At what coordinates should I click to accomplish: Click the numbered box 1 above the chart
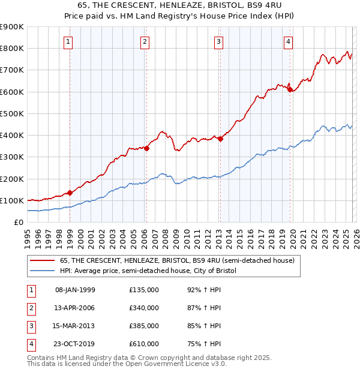(69, 41)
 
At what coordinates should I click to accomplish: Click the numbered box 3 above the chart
(218, 41)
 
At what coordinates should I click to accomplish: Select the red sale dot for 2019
(290, 90)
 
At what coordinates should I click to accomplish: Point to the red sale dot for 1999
(70, 193)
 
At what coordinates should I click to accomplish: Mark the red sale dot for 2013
(220, 139)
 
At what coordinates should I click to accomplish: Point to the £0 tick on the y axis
(19, 222)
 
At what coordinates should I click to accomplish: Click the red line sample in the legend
(43, 261)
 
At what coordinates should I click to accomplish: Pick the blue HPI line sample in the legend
(43, 271)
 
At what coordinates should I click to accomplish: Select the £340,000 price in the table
(144, 308)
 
